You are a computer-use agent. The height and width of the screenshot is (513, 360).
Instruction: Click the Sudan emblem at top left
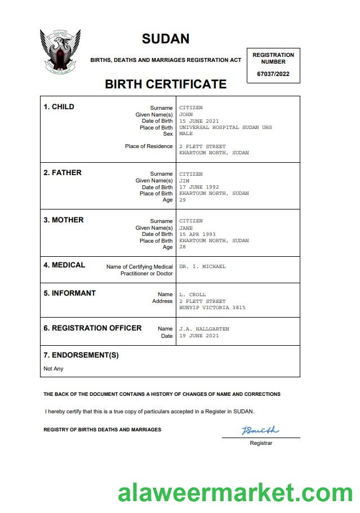tap(60, 52)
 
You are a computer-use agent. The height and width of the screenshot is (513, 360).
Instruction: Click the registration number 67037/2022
tap(273, 74)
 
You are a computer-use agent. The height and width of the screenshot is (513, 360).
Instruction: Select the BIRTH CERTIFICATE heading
tap(166, 84)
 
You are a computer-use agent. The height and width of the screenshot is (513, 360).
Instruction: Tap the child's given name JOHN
tap(186, 114)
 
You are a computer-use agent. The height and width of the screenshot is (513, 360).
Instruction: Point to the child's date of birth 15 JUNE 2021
tap(199, 121)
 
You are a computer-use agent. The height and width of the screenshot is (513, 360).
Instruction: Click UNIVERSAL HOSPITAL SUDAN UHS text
tap(225, 127)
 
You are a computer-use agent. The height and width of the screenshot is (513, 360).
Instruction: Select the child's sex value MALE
tap(186, 134)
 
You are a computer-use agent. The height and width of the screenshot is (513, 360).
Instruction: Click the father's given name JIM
tap(184, 181)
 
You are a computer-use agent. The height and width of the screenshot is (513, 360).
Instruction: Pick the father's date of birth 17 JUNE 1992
tap(199, 187)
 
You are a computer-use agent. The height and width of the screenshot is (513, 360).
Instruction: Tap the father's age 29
tap(183, 200)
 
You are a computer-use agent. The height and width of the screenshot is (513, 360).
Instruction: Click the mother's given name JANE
tap(186, 227)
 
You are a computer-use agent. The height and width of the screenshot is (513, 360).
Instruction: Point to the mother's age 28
tap(183, 247)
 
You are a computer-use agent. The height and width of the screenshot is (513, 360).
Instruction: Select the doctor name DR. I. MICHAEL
tap(202, 266)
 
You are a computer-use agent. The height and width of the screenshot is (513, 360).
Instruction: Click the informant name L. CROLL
tap(193, 295)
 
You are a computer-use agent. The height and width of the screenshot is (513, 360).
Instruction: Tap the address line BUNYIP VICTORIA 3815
tap(212, 307)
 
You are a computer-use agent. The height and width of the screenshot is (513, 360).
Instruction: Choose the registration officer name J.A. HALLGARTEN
tap(204, 329)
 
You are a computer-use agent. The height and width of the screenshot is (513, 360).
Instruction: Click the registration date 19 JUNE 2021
tap(199, 336)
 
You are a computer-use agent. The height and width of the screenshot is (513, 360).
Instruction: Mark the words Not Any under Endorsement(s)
tap(54, 369)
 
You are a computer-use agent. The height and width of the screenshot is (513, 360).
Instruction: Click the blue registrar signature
tap(260, 431)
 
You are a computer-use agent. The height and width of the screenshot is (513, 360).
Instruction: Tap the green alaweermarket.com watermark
tap(235, 493)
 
